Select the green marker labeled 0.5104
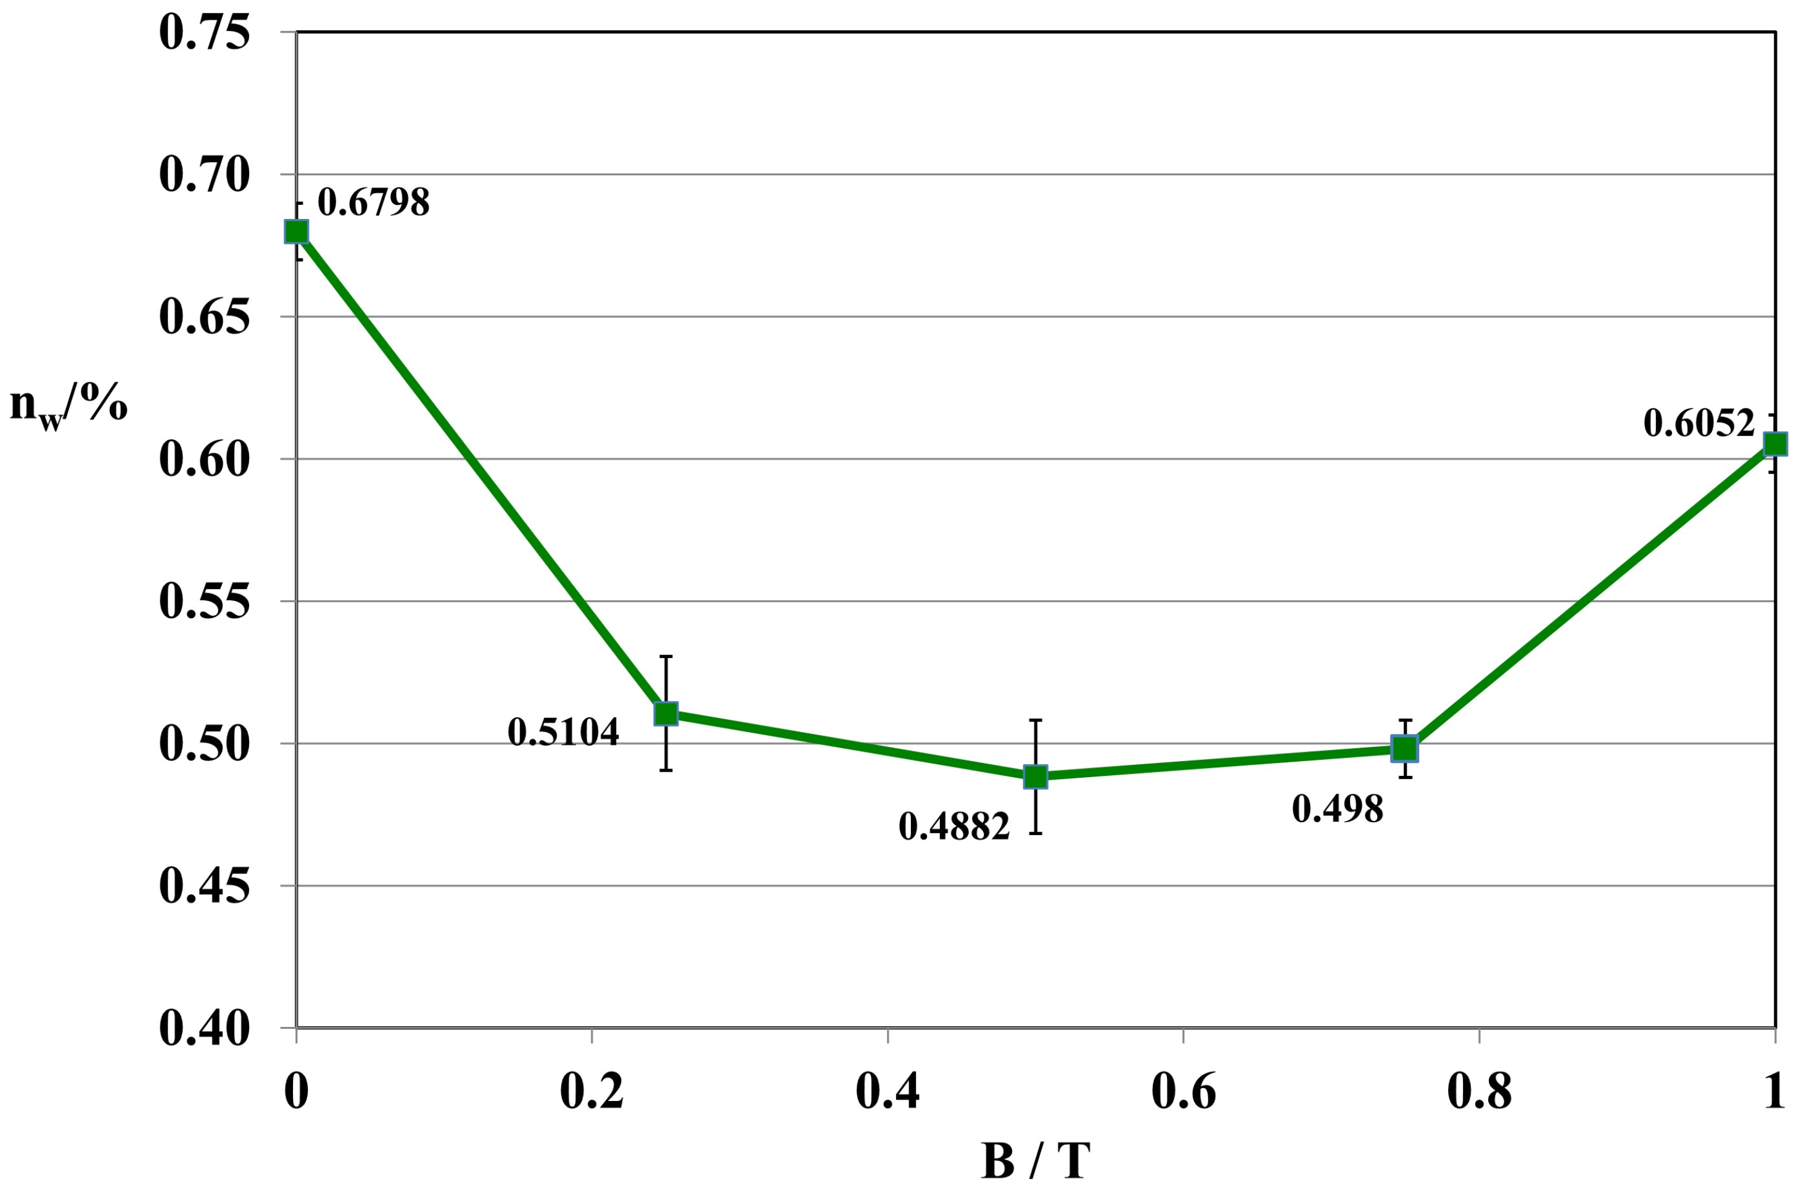[x=666, y=713]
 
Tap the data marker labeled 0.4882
[x=1035, y=777]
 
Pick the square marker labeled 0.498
[x=1404, y=748]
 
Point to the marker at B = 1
[x=1775, y=443]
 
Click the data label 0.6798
[x=373, y=202]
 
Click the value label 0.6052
[x=1699, y=423]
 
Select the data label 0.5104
[x=562, y=732]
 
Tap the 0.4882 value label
[x=954, y=826]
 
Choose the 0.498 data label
[x=1337, y=809]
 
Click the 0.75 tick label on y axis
[x=204, y=33]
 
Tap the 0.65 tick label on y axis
[x=204, y=318]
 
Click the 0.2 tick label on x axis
[x=591, y=1092]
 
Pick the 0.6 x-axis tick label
[x=1183, y=1092]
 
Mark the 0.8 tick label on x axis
[x=1478, y=1092]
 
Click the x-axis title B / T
[x=1035, y=1161]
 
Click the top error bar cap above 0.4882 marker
[x=1035, y=719]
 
